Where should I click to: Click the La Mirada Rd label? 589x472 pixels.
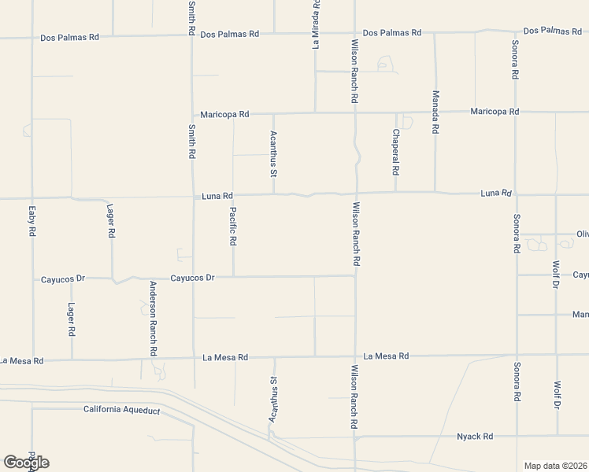coord(316,24)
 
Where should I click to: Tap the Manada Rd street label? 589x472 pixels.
coord(435,112)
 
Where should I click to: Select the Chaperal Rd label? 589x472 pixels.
coord(395,152)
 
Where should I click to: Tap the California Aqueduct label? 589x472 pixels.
coord(122,410)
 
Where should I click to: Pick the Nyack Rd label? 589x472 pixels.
coord(475,436)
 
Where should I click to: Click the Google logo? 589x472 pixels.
coord(26,462)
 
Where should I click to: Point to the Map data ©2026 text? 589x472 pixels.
coord(556,466)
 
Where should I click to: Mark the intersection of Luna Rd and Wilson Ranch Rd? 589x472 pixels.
coord(355,194)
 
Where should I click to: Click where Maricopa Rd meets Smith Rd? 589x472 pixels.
coord(193,114)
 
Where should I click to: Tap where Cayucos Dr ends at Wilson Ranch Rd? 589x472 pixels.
coord(355,276)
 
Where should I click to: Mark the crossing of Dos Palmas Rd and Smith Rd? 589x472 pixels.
coord(192,35)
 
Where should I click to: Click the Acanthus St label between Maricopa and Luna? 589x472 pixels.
coord(274,154)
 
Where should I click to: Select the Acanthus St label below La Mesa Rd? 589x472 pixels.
coord(274,400)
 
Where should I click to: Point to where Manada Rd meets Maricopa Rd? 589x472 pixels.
coord(435,112)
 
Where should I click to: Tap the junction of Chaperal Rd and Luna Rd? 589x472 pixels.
coord(395,192)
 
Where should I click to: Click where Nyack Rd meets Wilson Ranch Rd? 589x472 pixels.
coord(355,437)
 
